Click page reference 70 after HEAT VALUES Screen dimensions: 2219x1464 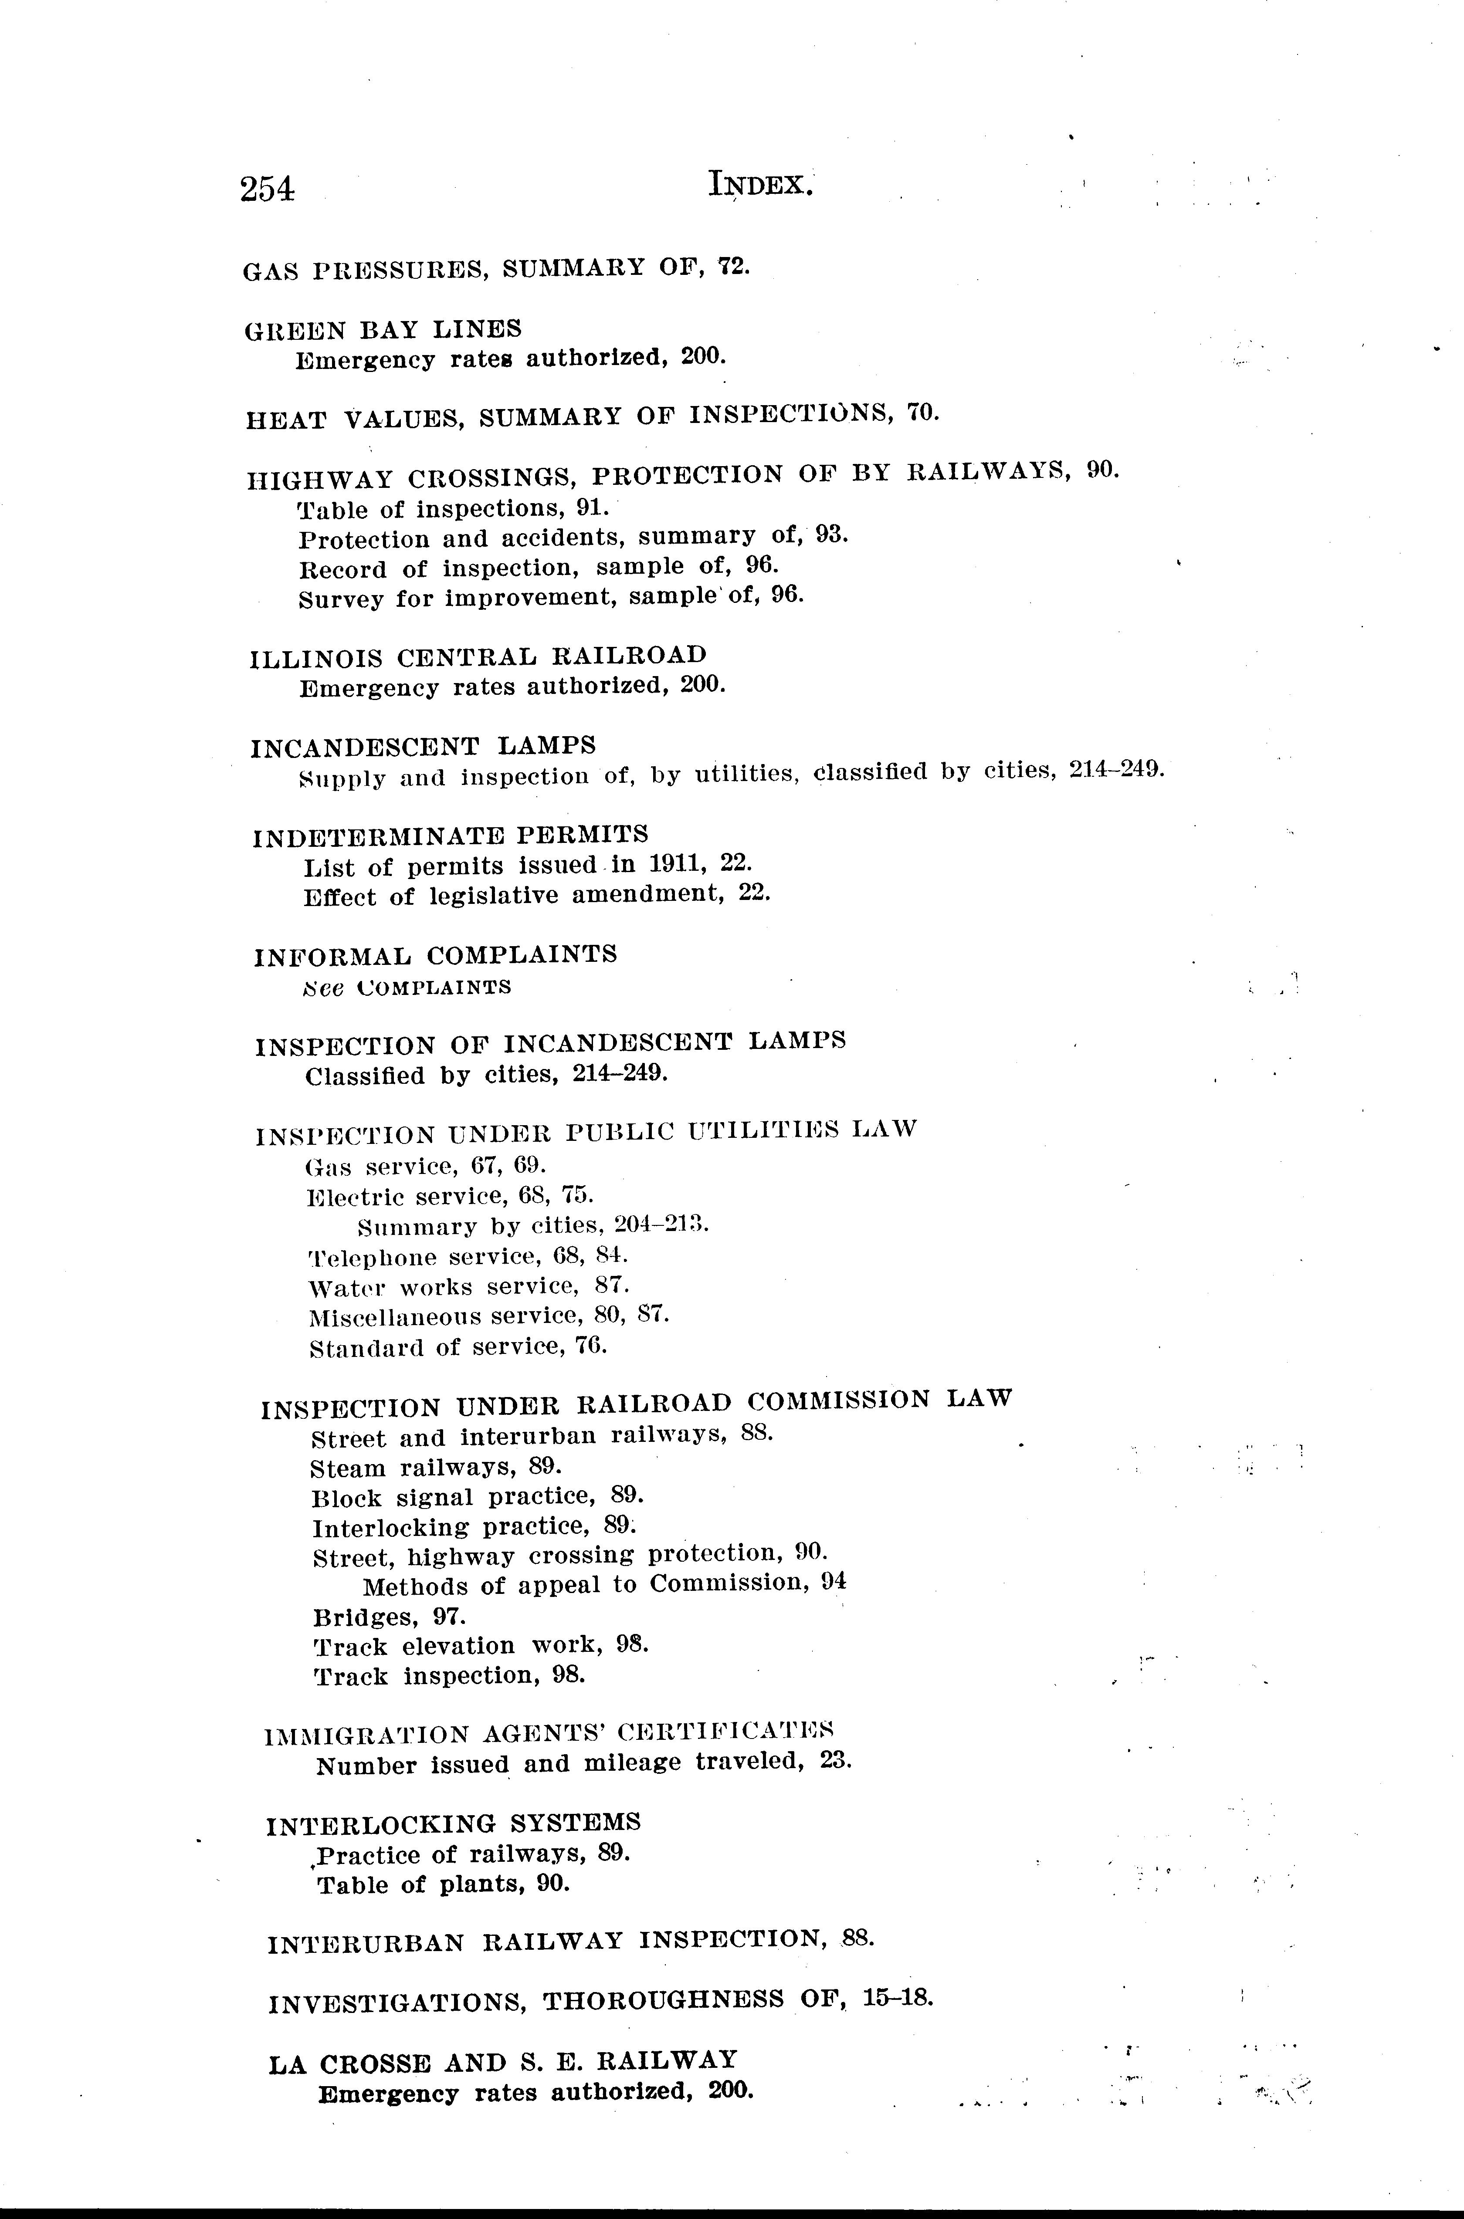click(x=922, y=413)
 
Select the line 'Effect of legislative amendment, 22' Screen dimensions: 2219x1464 click(x=537, y=896)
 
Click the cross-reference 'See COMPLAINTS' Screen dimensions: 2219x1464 click(x=407, y=987)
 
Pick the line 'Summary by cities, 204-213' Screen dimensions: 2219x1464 click(x=533, y=1225)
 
